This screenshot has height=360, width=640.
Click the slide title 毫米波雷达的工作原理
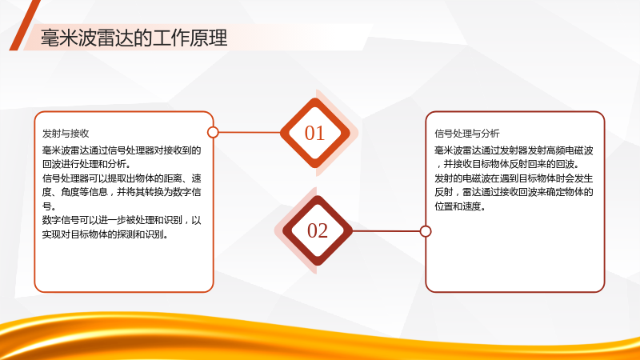pyautogui.click(x=134, y=38)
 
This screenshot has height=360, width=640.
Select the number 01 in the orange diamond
pyautogui.click(x=314, y=133)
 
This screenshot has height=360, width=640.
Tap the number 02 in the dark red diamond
pyautogui.click(x=318, y=230)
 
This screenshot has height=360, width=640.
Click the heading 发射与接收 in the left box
pyautogui.click(x=66, y=134)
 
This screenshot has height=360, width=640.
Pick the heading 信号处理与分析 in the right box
pyautogui.click(x=467, y=134)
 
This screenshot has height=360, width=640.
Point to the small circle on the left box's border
pyautogui.click(x=213, y=132)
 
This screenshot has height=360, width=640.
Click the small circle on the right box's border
pyautogui.click(x=426, y=231)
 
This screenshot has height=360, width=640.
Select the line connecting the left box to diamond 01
pyautogui.click(x=250, y=132)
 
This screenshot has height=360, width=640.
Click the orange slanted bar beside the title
pyautogui.click(x=24, y=26)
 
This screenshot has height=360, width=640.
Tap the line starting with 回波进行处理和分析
pyautogui.click(x=86, y=164)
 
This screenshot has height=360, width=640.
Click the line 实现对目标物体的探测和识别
pyautogui.click(x=106, y=234)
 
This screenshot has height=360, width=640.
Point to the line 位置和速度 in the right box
pyautogui.click(x=461, y=206)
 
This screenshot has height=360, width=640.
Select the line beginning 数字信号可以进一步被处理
pyautogui.click(x=122, y=220)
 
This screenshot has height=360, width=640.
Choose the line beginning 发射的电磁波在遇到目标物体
pyautogui.click(x=514, y=178)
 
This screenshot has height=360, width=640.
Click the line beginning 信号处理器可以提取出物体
pyautogui.click(x=122, y=178)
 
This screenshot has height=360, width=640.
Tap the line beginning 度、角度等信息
pyautogui.click(x=122, y=192)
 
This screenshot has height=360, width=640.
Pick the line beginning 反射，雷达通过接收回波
pyautogui.click(x=514, y=192)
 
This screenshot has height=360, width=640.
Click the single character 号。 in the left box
pyautogui.click(x=49, y=206)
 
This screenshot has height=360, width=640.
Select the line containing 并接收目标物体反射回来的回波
pyautogui.click(x=508, y=164)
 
